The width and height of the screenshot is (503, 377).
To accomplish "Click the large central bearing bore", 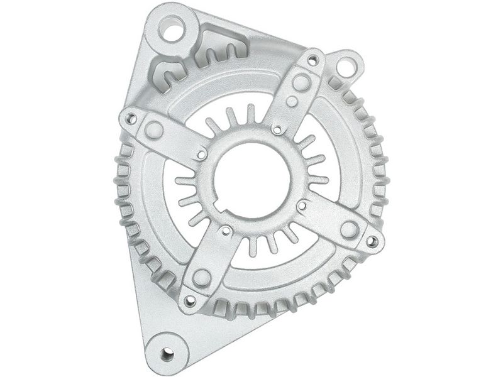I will click(251, 177).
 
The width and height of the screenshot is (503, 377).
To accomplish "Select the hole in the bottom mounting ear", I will click(167, 353).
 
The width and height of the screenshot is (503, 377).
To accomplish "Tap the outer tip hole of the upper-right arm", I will click(312, 60).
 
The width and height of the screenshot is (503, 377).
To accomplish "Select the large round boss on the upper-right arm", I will click(301, 82).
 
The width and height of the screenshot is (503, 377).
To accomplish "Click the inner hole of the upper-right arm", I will click(277, 129).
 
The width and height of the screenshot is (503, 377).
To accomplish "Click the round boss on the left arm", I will click(154, 130).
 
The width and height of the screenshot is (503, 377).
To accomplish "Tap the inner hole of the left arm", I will click(202, 153).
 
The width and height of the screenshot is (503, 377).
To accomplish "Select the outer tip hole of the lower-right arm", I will click(372, 241).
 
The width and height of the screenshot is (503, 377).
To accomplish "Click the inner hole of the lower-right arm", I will click(302, 205).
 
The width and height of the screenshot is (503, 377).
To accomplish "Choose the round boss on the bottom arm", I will click(201, 277).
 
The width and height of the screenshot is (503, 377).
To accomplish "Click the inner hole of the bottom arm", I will click(225, 231).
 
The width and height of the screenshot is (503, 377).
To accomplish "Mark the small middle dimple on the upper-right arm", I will click(292, 101).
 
